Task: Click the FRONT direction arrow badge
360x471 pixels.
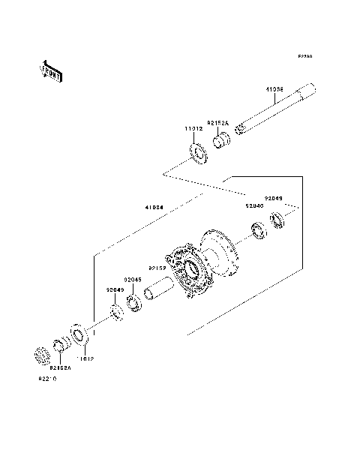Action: coord(51,71)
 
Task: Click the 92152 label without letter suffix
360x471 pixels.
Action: coord(156,268)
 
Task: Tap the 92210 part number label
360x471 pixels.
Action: coord(47,379)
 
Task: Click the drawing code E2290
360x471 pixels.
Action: coord(304,56)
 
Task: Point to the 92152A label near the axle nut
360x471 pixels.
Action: coord(61,368)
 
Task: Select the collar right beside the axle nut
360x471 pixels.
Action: coord(61,346)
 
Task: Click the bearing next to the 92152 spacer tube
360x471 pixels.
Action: coord(135,303)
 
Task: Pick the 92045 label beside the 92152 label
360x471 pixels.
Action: coord(133,279)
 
